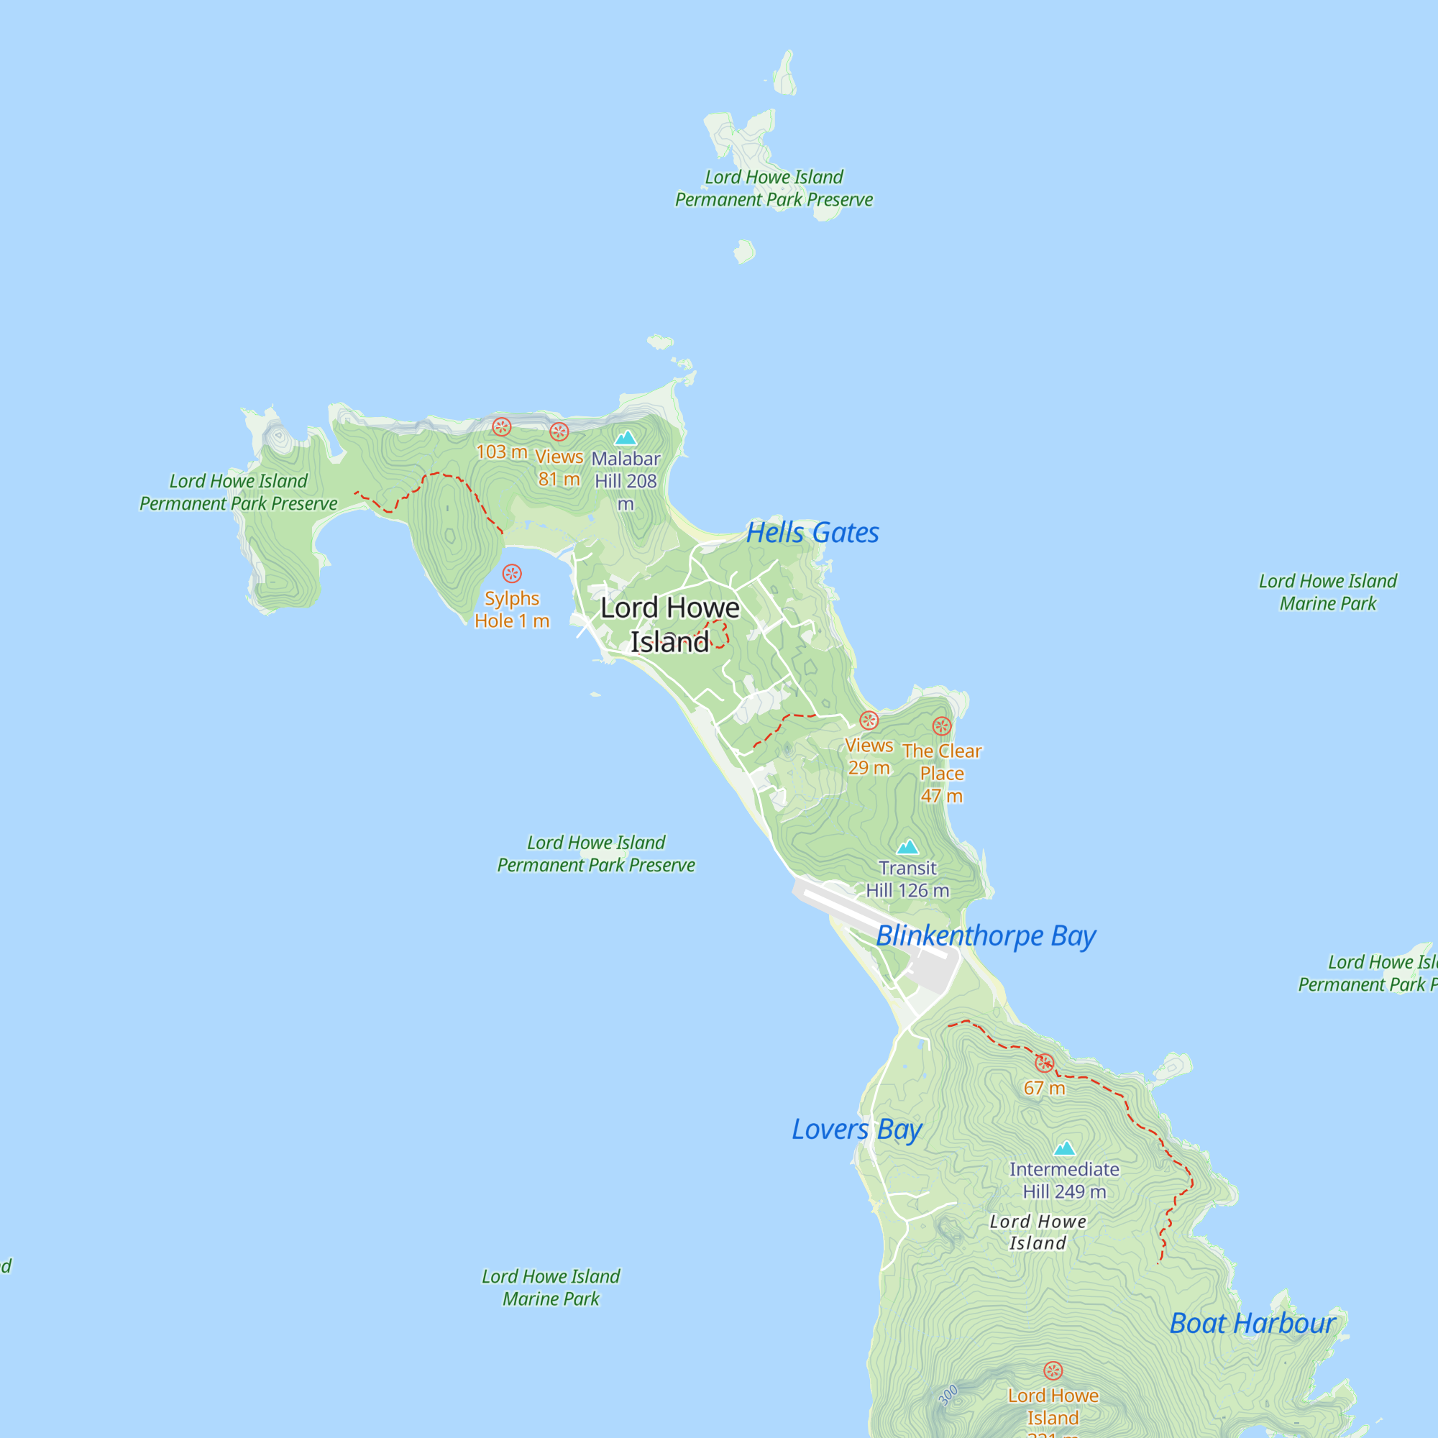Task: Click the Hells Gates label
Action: click(x=812, y=533)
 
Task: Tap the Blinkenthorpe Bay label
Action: click(x=986, y=935)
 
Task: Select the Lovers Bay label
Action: click(x=857, y=1129)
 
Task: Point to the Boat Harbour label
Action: click(x=1252, y=1324)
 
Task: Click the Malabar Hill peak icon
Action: click(x=626, y=437)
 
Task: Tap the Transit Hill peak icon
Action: click(x=907, y=847)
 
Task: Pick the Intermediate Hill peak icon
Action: click(x=1064, y=1148)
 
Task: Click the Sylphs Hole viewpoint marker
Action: click(x=512, y=573)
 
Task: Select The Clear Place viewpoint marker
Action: click(x=942, y=725)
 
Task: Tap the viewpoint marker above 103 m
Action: click(x=502, y=426)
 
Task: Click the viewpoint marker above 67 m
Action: click(x=1044, y=1063)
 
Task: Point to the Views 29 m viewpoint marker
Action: click(x=869, y=720)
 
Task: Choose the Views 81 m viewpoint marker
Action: click(x=559, y=431)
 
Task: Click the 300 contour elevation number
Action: click(x=948, y=1396)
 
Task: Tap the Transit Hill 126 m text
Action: click(x=907, y=879)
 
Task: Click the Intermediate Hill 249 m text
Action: click(x=1064, y=1181)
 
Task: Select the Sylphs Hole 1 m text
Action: click(x=512, y=610)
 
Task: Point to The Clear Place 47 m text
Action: click(x=942, y=774)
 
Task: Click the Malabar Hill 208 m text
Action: click(x=626, y=481)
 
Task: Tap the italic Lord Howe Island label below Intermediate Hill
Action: click(x=1038, y=1232)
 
